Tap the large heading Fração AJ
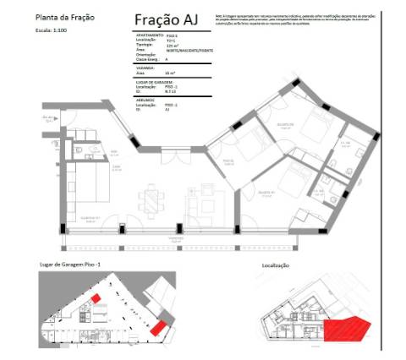[x=172, y=19]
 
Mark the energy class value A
[x=167, y=58]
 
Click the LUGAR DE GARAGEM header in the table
[x=151, y=82]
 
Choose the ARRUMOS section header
[x=143, y=100]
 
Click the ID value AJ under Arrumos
[x=167, y=109]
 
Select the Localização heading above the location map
[x=272, y=265]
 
